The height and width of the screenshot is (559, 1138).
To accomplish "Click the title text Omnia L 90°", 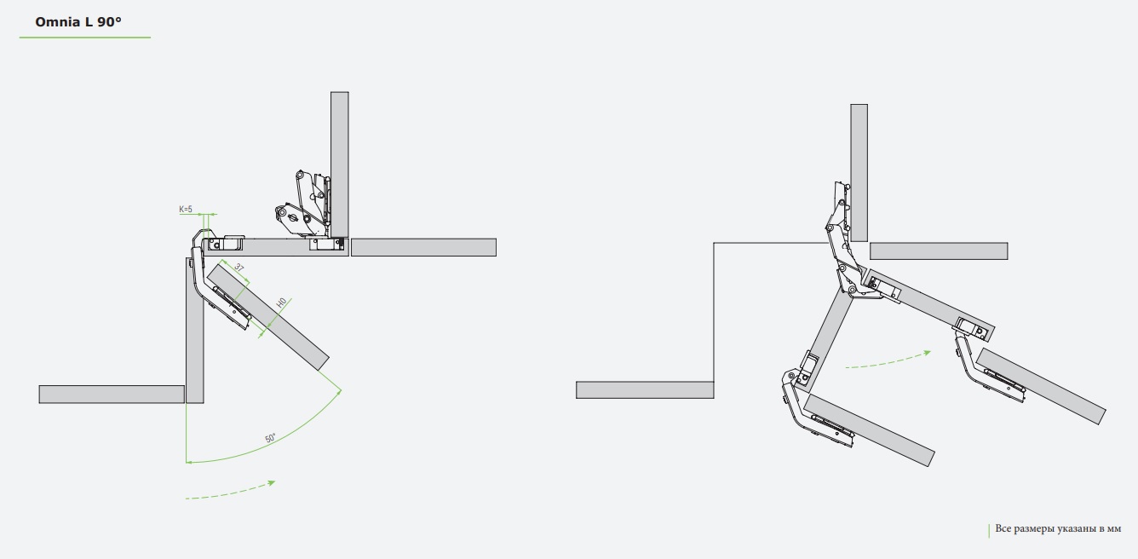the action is pos(78,22).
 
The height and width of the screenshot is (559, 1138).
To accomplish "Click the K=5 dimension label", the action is pos(186,209).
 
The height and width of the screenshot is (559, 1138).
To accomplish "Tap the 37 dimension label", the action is pos(239,268).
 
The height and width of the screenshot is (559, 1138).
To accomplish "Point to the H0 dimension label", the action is pos(281,303).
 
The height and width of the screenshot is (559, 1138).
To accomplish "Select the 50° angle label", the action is pos(270,438).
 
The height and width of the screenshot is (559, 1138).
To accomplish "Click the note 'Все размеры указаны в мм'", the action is pos(1058,528).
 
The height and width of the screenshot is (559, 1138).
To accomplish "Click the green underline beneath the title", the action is pos(85,37).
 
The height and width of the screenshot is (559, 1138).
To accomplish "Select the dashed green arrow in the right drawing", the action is pos(888,360).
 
